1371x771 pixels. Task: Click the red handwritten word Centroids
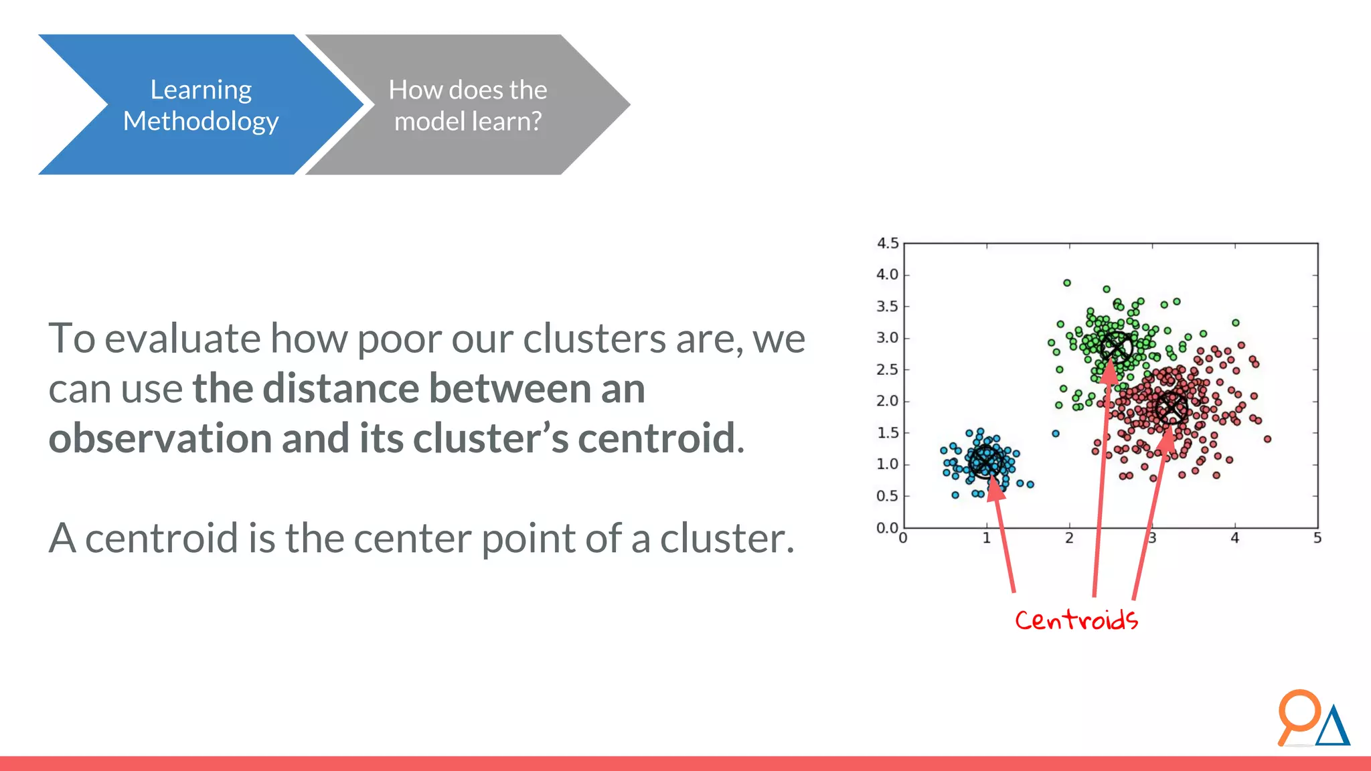coord(1076,620)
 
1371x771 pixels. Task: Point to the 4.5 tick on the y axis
coord(888,244)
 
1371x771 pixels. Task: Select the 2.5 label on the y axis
coord(888,369)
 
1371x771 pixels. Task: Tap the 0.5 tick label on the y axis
coord(888,496)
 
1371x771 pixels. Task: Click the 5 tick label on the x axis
coord(1317,538)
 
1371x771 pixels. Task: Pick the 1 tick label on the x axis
coord(986,538)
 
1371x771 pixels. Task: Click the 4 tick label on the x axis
coord(1234,538)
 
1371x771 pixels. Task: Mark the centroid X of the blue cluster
coord(986,462)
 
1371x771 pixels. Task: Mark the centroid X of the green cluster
coord(1116,347)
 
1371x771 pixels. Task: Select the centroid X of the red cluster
coord(1172,408)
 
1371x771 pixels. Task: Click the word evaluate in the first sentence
coord(182,338)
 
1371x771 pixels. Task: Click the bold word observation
coord(159,438)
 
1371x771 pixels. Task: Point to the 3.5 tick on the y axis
coord(888,307)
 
